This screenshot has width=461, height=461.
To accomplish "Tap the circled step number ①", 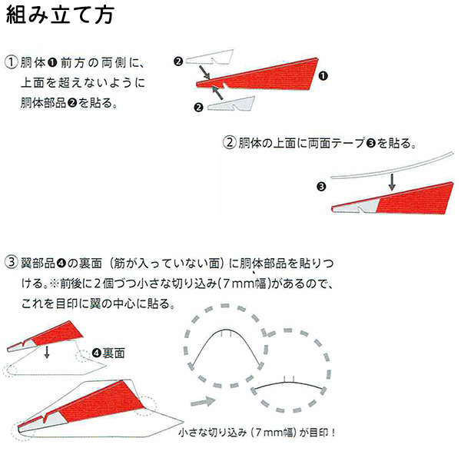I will [x=11, y=62].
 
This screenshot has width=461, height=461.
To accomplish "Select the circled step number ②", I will [x=229, y=143].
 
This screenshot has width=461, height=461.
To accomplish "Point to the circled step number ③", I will [x=11, y=262].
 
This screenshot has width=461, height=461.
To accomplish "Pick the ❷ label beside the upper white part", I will [x=178, y=61].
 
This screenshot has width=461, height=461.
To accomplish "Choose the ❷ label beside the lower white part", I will [x=197, y=108].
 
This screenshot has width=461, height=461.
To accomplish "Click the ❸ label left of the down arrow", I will [x=321, y=186].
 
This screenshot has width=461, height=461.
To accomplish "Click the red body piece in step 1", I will [x=269, y=73].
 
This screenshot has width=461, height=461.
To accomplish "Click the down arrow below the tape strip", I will [x=392, y=181].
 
